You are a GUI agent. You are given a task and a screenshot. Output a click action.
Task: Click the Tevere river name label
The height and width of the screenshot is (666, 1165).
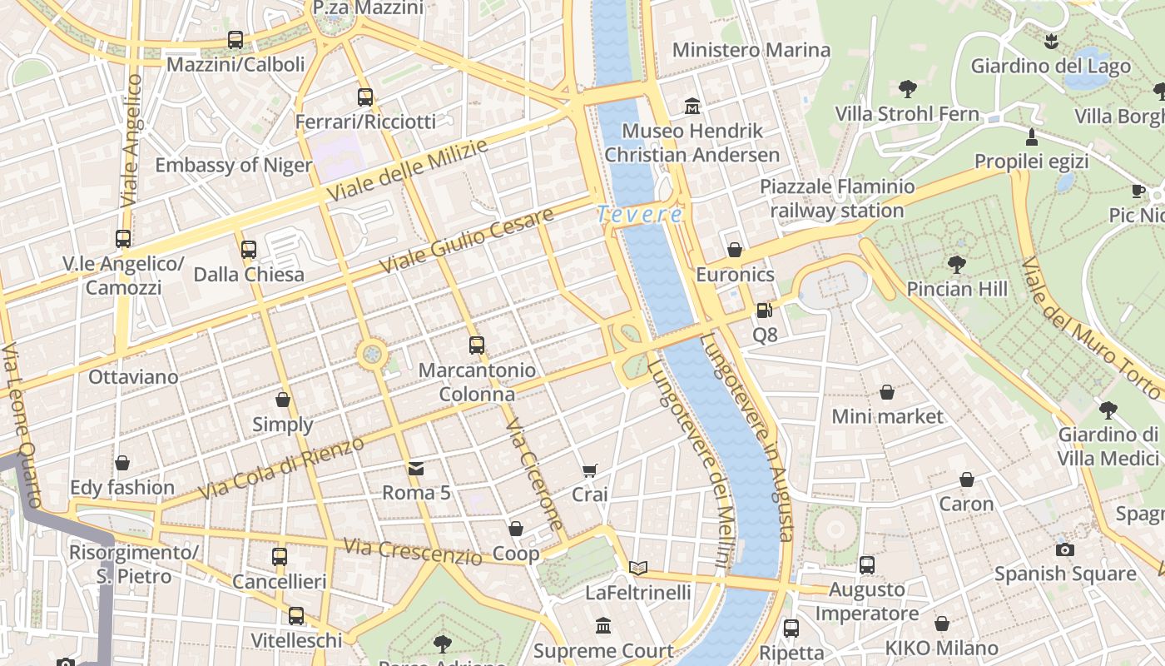639,215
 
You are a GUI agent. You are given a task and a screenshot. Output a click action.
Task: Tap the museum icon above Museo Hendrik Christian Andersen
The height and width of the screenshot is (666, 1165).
692,106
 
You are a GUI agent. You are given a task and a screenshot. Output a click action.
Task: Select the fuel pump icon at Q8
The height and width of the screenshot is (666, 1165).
764,311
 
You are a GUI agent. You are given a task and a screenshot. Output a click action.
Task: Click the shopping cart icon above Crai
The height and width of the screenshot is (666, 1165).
589,470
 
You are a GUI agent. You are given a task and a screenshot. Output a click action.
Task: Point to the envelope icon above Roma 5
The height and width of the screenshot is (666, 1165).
415,469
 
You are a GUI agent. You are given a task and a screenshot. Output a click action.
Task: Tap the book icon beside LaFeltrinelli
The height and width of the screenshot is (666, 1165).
638,568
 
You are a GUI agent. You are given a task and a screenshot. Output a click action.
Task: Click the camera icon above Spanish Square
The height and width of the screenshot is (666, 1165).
1064,549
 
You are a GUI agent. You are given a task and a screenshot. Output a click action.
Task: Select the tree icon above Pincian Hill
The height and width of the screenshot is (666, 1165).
956,265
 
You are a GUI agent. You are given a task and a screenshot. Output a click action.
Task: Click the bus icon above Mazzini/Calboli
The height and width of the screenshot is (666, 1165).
235,40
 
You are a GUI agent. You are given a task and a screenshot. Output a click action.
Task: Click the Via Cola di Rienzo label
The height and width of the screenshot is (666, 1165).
282,468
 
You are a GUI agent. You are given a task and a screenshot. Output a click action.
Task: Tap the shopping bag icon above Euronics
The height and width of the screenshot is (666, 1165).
735,250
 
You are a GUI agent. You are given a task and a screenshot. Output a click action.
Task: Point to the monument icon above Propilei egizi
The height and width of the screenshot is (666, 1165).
1031,137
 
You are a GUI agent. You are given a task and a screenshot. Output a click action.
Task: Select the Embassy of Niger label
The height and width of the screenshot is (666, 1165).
234,165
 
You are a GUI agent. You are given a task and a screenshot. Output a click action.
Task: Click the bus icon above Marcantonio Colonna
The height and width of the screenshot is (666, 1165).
476,345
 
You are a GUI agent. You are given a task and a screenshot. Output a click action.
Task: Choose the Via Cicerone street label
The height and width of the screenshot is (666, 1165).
535,475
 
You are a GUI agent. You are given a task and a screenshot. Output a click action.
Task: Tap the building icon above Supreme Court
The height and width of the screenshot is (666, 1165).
602,625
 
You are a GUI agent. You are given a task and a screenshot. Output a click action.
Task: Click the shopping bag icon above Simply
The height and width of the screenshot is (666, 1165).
282,400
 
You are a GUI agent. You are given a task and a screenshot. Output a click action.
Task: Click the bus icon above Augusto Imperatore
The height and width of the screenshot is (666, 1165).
867,565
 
